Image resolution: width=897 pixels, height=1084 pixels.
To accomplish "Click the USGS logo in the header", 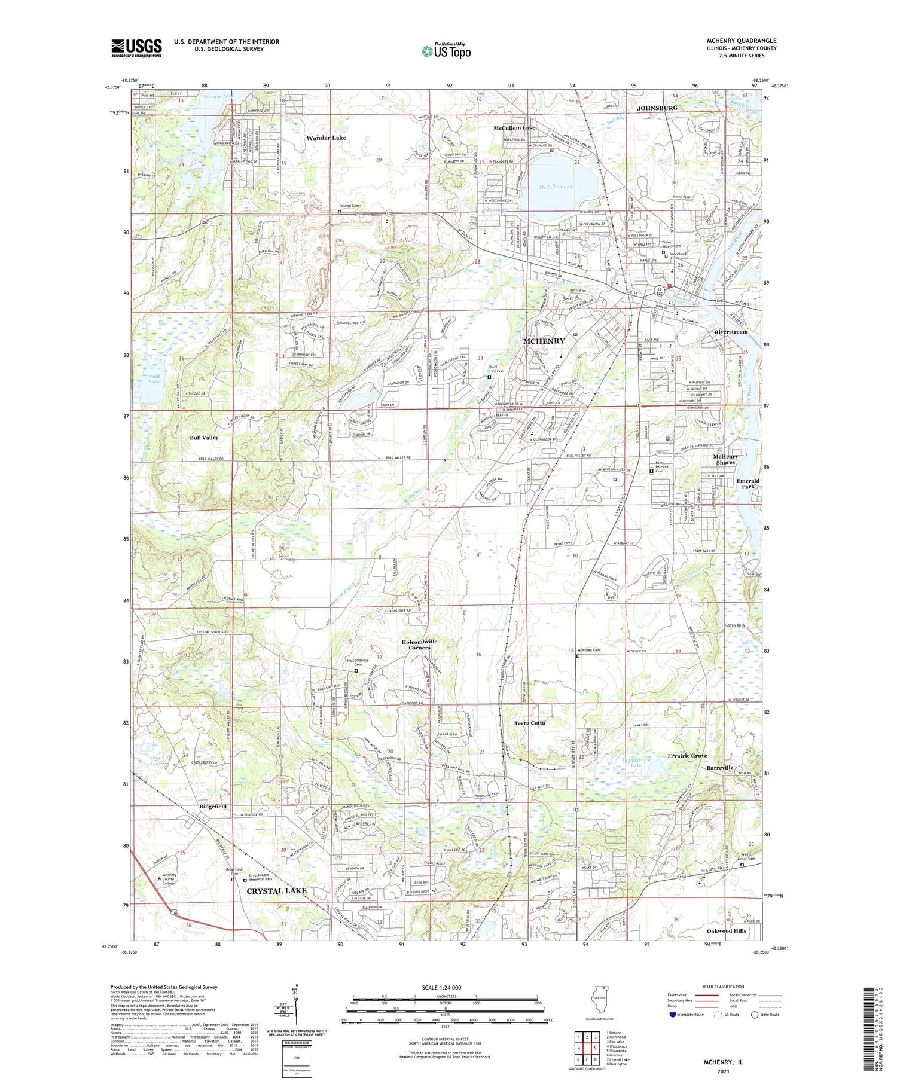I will coord(136,48).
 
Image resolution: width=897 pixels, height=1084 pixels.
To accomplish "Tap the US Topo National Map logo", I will coord(446,51).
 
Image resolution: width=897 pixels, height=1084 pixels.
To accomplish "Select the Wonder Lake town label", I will coord(326,138).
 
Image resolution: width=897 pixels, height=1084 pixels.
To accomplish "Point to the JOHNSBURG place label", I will coord(657,108).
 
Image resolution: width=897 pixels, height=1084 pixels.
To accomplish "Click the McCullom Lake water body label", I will coord(556,187).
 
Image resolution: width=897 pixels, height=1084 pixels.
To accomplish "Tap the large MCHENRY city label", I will coord(544,341).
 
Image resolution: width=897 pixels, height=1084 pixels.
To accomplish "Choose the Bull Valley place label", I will coord(204,438).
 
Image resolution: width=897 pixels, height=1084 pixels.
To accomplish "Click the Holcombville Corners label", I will coord(419,645).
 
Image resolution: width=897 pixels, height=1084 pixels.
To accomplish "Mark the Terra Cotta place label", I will coord(529,723).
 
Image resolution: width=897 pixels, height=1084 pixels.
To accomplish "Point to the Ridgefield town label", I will coord(213,807).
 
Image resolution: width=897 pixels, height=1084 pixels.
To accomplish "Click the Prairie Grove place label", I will coord(689,756).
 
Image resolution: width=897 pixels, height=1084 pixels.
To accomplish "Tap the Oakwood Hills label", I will coord(727,931).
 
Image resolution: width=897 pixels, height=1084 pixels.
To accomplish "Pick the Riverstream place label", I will coord(731,332).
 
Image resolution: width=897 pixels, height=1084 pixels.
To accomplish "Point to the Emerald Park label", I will coord(747,484).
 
